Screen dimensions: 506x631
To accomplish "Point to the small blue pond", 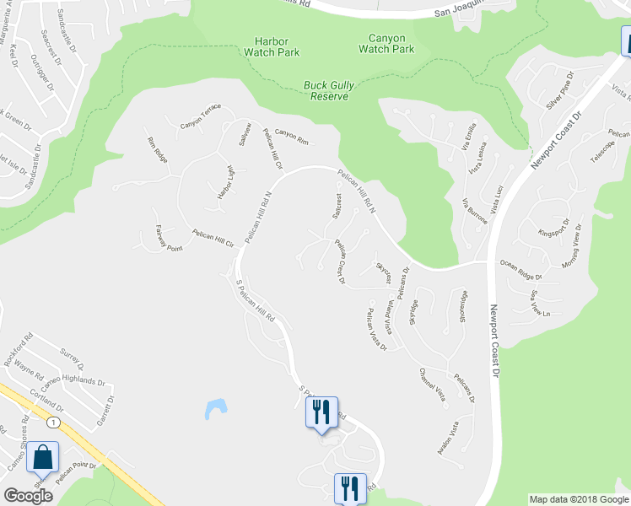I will click(215, 409).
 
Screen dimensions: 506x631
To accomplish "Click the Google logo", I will click(28, 496).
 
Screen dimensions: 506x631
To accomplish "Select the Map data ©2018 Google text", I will click(579, 499).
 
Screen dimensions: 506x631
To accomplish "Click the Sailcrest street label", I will click(337, 206).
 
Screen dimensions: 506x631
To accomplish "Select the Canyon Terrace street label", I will click(201, 117).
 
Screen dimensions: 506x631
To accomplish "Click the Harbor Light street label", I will click(224, 182).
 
